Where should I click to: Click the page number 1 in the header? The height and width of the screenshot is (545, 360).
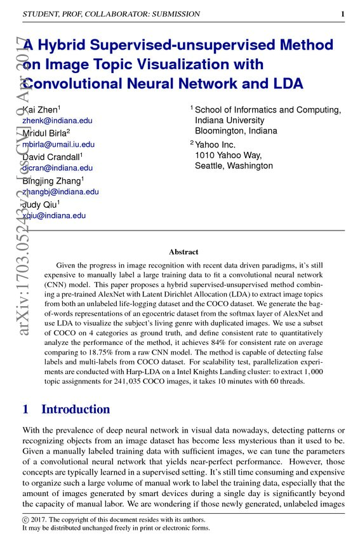point(343,14)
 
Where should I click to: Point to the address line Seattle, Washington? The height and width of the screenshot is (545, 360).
point(234,166)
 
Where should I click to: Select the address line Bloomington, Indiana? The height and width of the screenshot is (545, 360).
point(236,131)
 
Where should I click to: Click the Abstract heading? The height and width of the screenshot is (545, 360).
point(183,252)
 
